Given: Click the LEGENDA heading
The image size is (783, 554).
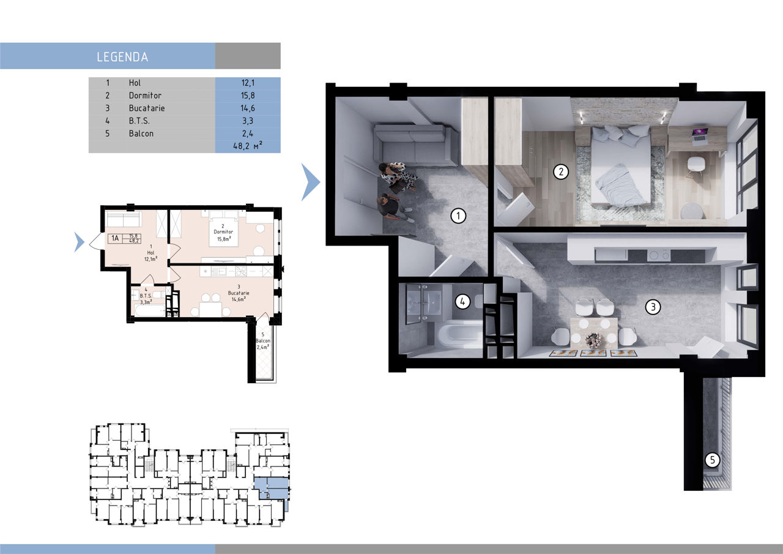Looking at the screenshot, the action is pos(122,57).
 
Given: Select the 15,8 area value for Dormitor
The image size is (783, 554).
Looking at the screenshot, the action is pos(248,95).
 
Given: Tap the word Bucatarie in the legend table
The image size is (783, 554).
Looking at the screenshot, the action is pos(147,108).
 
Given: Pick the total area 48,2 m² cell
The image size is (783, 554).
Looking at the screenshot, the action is pos(248,146).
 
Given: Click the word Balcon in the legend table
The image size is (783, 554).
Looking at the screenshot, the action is pos(141,133).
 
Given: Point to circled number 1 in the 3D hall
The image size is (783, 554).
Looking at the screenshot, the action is pos(458,216).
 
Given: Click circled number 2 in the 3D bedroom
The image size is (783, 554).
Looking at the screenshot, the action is pos(561,172).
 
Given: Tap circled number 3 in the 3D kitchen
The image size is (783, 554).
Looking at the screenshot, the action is pos(653,307).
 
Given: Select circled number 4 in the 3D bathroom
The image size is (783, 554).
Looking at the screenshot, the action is pos(462,301).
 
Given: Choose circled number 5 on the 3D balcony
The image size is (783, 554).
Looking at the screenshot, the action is pos(713,460).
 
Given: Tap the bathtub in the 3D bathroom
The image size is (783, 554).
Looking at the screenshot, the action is pos(459,335).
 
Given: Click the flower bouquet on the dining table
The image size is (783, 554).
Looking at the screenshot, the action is pos(593,339).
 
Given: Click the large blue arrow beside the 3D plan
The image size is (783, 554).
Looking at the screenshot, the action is pos(310,182).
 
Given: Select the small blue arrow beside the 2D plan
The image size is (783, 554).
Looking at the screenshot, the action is pos(80,242).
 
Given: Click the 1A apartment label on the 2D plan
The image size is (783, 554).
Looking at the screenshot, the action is pos(115,239).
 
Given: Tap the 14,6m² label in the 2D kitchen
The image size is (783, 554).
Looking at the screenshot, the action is pos(239,299).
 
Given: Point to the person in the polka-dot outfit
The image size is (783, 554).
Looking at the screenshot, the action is pos(398,177).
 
